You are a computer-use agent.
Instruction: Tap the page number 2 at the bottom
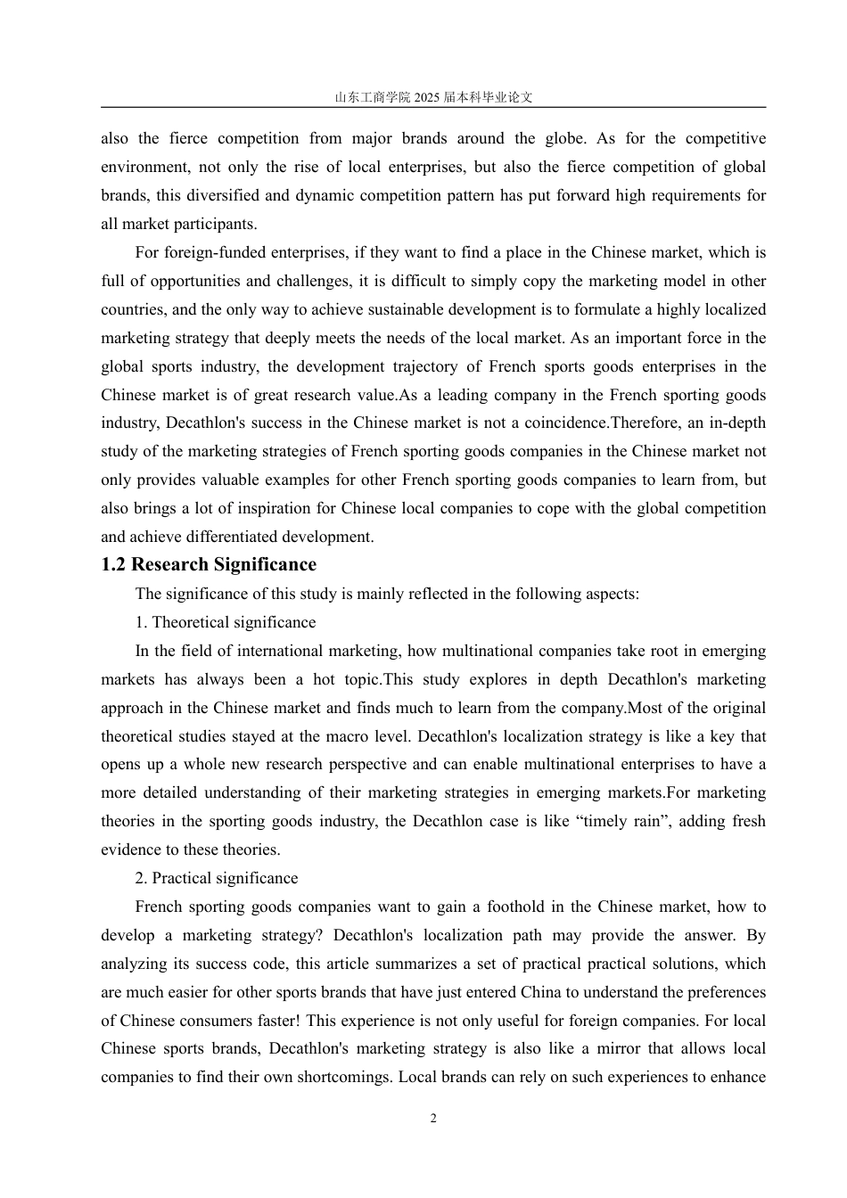pyautogui.click(x=433, y=1119)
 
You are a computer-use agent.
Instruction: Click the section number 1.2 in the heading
pyautogui.click(x=114, y=565)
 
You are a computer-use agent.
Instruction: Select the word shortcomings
pyautogui.click(x=337, y=1077)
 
